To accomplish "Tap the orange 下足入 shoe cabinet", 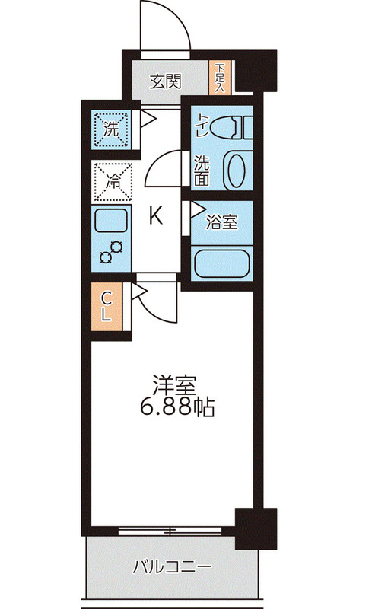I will (x=219, y=78).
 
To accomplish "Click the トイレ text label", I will (x=202, y=124).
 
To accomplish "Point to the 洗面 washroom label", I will (x=202, y=171).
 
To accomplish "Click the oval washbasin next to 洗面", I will (x=237, y=171).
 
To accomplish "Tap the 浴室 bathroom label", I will (x=223, y=223).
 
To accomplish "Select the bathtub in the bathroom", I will (x=222, y=264).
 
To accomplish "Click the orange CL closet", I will (x=108, y=307).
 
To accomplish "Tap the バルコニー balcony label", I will (x=172, y=567).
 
